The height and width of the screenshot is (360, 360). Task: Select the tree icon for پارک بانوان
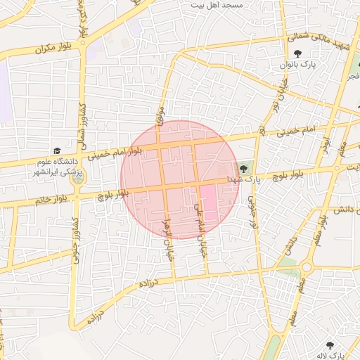[x=298, y=53]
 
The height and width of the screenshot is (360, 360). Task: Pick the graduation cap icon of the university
[x=56, y=150]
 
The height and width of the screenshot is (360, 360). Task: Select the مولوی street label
[x=161, y=115]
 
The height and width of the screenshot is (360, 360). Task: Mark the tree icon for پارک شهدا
[x=243, y=168]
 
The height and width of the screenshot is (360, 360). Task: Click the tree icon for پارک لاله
[x=330, y=345]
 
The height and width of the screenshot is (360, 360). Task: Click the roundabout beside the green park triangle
[x=307, y=266]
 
